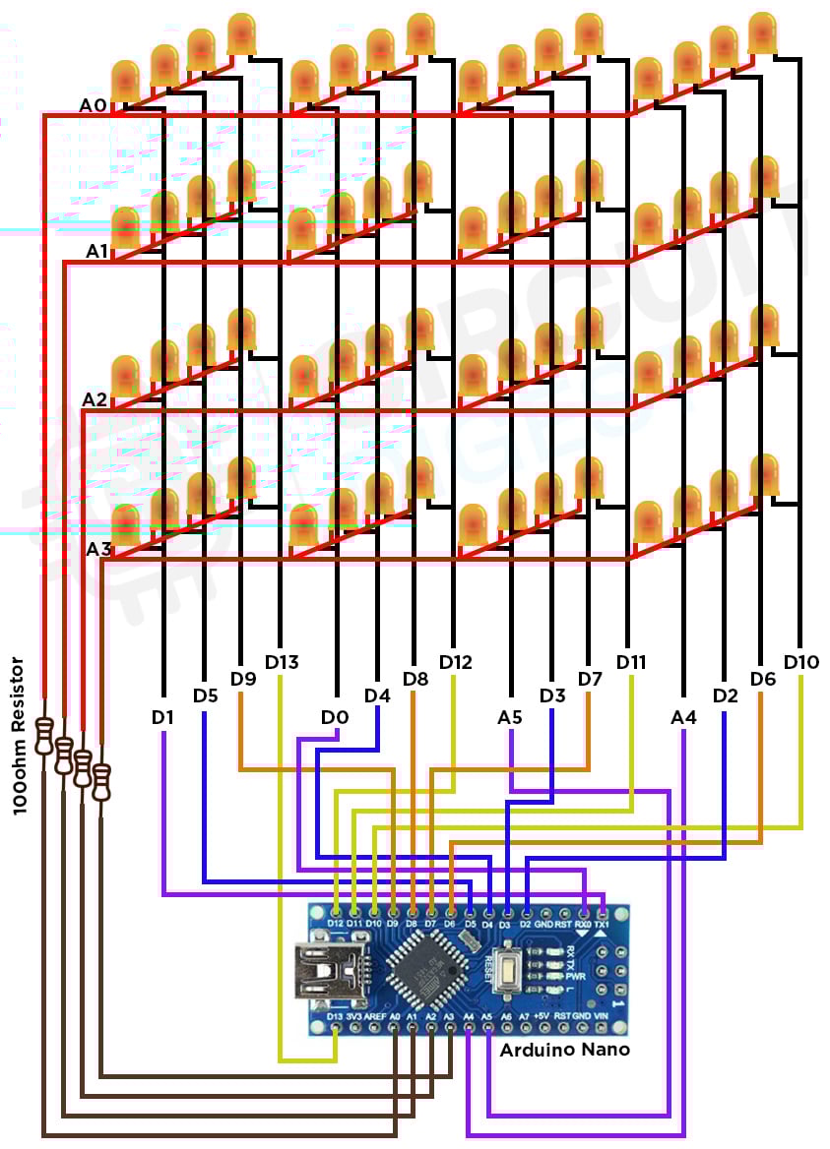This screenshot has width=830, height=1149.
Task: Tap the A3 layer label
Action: coord(98,549)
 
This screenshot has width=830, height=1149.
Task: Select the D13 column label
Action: coord(282,661)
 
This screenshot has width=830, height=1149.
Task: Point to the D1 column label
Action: coord(163,717)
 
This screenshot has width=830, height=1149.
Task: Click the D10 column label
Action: coord(801,661)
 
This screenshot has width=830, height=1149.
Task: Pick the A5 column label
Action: coord(510,717)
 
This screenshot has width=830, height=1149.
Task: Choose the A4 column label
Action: coord(683,717)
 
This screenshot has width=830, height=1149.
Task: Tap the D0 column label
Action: coord(335,717)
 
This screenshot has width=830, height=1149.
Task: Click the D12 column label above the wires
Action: coord(456,661)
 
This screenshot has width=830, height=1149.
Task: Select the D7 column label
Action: coord(589,679)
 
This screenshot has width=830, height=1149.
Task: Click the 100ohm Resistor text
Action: coord(17,736)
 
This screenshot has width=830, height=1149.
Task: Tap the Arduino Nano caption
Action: coord(564,1050)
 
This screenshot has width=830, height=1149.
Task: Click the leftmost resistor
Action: coord(44,736)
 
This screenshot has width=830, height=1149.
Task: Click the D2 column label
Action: coord(725,695)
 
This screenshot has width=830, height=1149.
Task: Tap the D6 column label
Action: coord(763,679)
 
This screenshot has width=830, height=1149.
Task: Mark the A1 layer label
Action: coord(96,251)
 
